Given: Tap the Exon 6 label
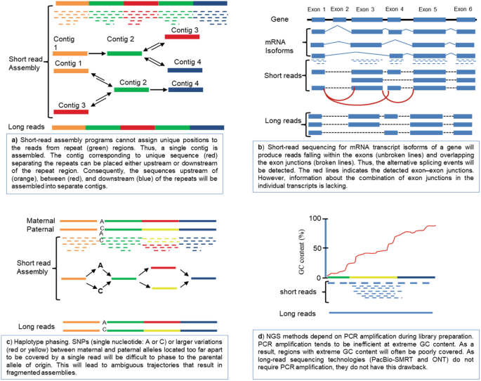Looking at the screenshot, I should pyautogui.click(x=462, y=9).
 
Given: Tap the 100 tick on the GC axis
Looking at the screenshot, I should pyautogui.click(x=317, y=217).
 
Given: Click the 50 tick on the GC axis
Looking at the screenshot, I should pyautogui.click(x=319, y=247).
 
